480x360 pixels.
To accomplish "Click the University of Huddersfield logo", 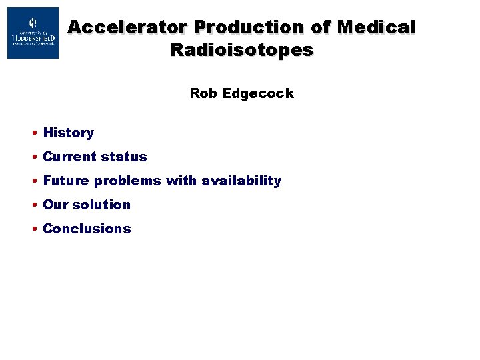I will [33, 33].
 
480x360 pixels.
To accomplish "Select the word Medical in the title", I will [376, 27].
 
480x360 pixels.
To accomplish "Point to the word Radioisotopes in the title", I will [241, 50].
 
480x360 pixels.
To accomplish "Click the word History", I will [69, 133].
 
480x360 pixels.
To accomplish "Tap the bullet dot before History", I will [33, 133].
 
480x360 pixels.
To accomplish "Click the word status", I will [124, 157].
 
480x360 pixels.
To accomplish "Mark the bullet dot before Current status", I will [33, 157].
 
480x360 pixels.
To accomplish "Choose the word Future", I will [66, 181].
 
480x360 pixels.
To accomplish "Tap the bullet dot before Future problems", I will [33, 181].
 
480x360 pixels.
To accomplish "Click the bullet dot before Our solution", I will [33, 205].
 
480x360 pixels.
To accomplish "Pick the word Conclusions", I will [87, 229].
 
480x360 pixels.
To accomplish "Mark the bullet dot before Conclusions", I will [33, 229].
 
